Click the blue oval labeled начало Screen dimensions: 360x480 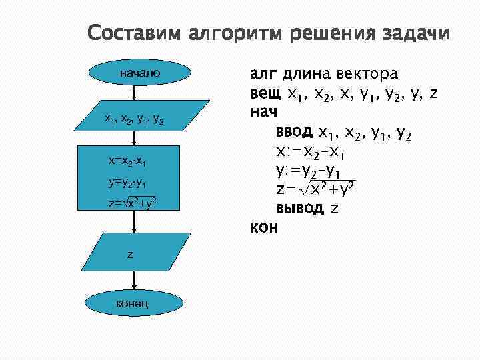click(140, 71)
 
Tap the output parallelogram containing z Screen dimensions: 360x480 click(131, 254)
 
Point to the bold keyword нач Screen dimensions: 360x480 click(264, 113)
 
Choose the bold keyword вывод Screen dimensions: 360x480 click(300, 208)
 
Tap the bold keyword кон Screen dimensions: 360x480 click(263, 227)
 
